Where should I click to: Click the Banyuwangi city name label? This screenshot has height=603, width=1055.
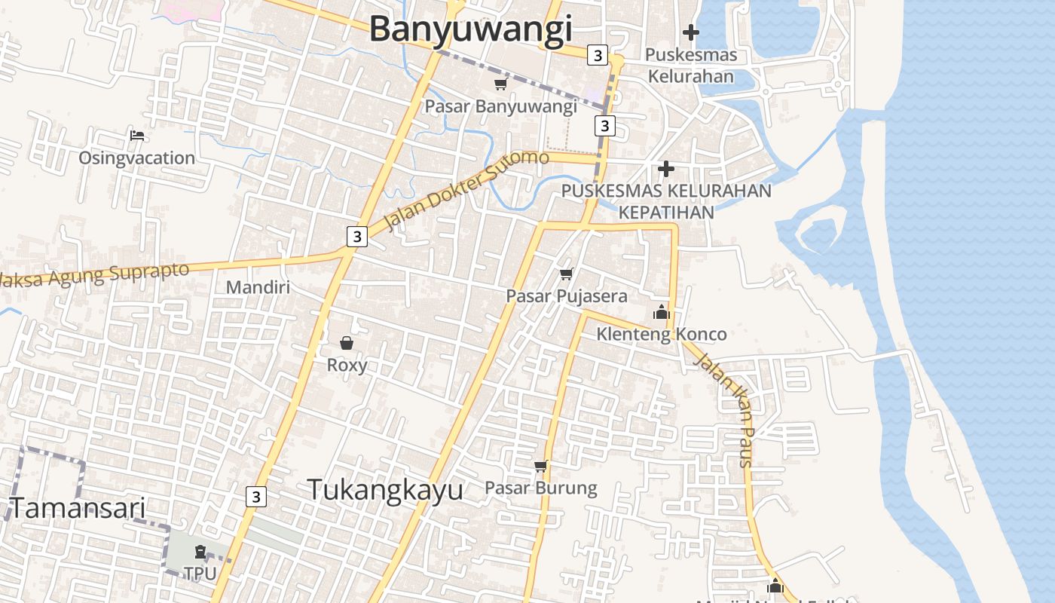coord(470,30)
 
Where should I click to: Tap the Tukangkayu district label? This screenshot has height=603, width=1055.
coord(385,490)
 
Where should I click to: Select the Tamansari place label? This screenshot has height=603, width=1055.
coord(77,508)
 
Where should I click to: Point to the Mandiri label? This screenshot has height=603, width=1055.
coord(258,287)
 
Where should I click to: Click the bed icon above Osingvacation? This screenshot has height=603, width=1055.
coord(136,136)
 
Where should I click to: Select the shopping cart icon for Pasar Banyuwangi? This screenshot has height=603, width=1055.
coord(500,84)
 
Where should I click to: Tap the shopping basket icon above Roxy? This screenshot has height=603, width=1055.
coord(347,343)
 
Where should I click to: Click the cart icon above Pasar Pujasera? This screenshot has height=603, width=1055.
coord(566,274)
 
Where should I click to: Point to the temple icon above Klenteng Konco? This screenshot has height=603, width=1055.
coord(661,311)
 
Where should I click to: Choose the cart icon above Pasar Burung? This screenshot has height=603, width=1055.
coord(540,467)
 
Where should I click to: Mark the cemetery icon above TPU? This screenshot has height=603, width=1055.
coord(200,552)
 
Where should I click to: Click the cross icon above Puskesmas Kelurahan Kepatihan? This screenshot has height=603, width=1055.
coord(665,169)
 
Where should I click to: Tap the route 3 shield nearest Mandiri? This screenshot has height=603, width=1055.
coord(356,236)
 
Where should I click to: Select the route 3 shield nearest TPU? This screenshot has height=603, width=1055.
coord(256,497)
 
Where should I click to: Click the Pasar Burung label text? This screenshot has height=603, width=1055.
coord(540,488)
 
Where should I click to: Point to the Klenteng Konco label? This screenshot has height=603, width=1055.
coord(662,334)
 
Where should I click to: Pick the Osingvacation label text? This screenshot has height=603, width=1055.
coord(136,158)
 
